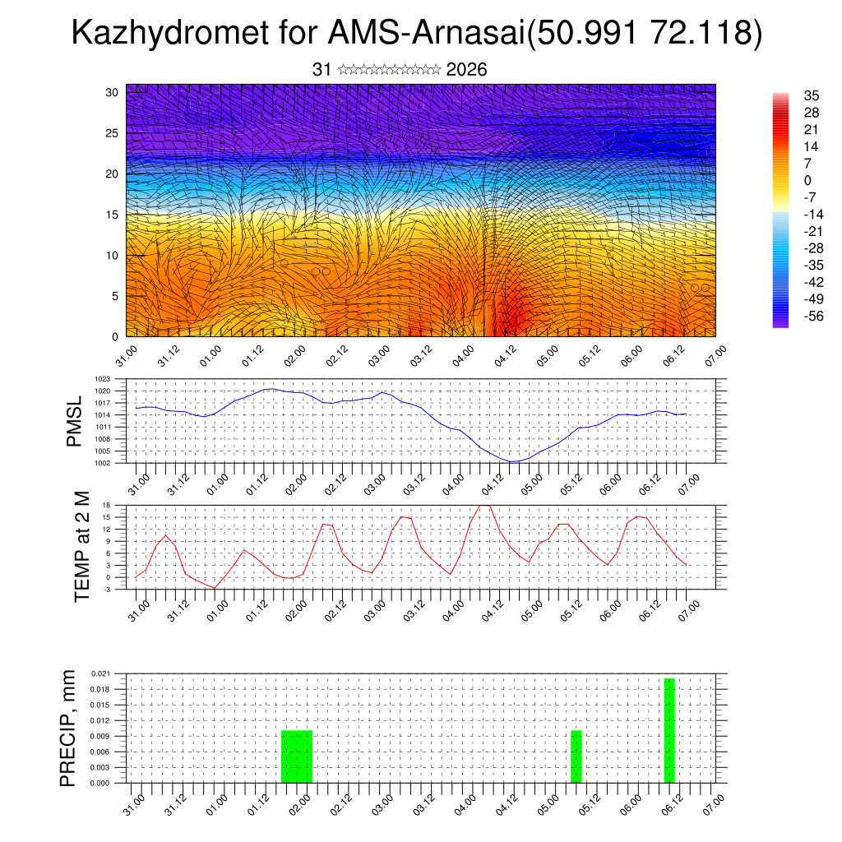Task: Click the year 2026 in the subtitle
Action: coord(466,70)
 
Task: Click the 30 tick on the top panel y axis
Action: coord(113,92)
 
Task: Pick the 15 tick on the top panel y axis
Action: coord(113,215)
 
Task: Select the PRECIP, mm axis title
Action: coord(69,728)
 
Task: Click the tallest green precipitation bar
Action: coord(669,730)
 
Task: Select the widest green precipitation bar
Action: coord(297,756)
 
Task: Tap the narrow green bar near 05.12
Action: coord(576,756)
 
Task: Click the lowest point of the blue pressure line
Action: coord(512,461)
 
